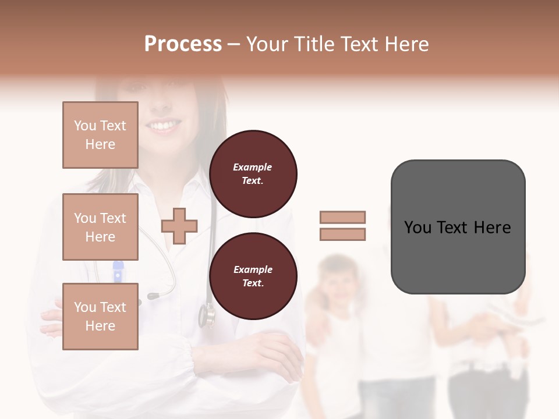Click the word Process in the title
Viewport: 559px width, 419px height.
(x=183, y=44)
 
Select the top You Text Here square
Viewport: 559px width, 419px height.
(x=100, y=135)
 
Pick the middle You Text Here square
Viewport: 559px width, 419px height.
(x=100, y=227)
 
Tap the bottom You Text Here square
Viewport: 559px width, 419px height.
(x=100, y=317)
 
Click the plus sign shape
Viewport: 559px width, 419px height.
(x=179, y=226)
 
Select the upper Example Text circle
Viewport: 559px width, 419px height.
(x=253, y=174)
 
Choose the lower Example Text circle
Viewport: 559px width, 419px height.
(x=253, y=276)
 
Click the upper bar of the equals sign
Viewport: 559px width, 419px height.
(x=342, y=217)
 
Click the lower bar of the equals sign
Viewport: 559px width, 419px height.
(x=342, y=235)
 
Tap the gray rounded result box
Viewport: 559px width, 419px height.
(x=458, y=227)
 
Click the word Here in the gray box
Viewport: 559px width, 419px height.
(x=492, y=228)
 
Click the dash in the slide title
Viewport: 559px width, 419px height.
(x=233, y=45)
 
